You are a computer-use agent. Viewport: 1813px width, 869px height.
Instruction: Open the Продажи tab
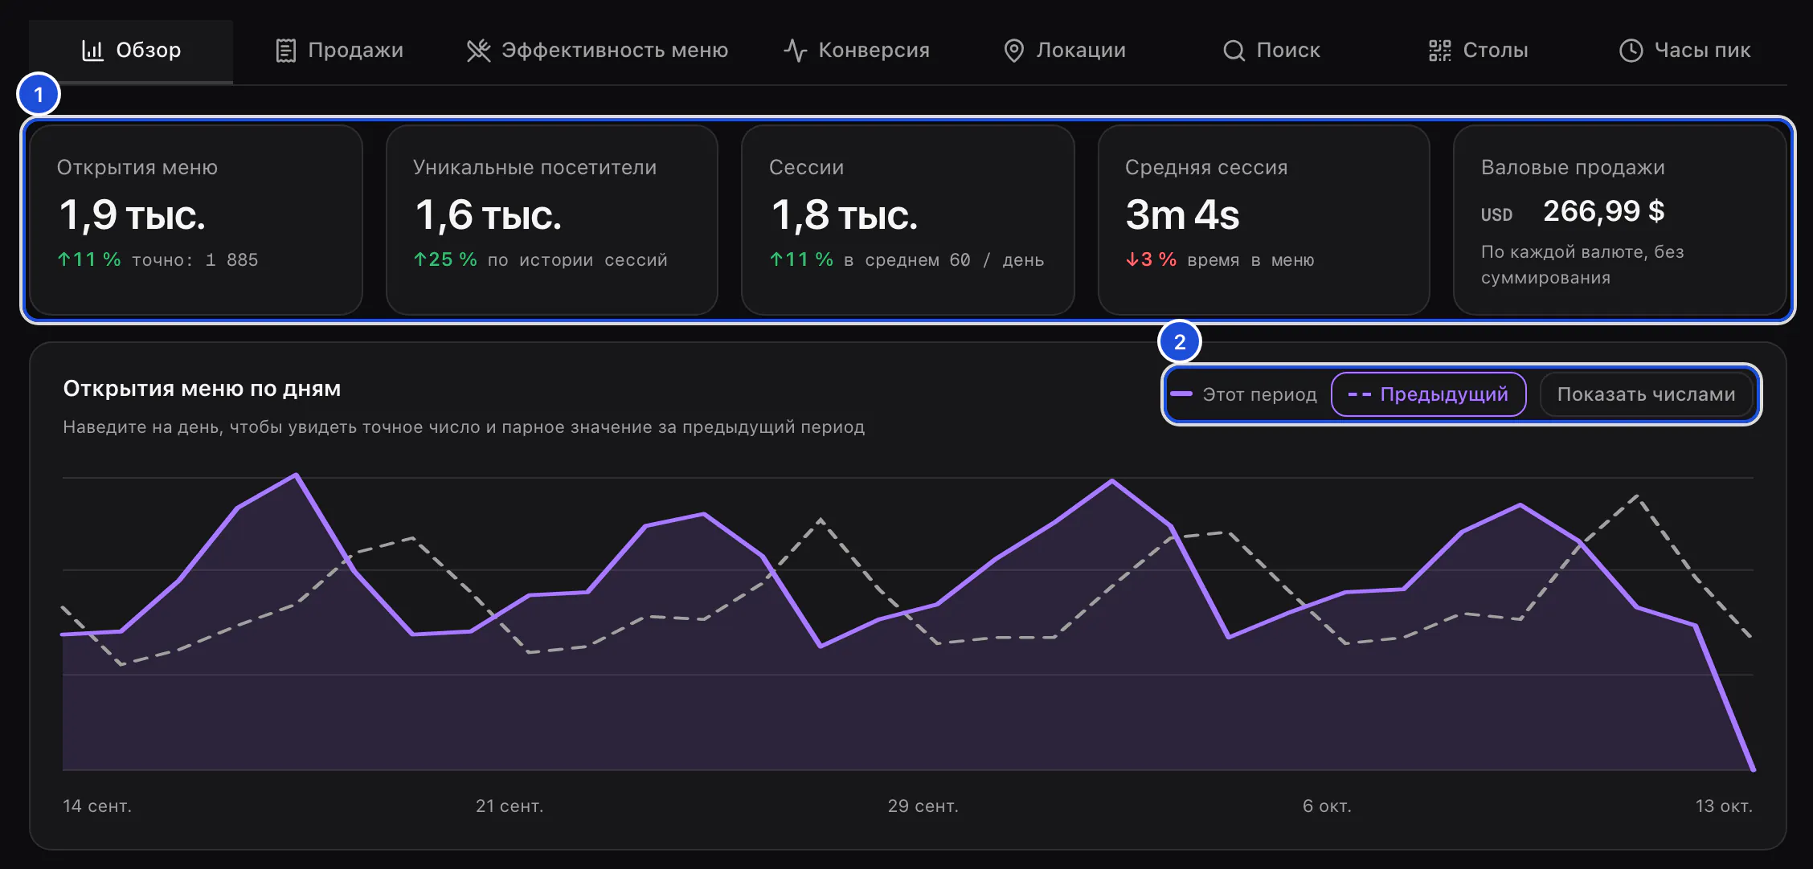point(339,51)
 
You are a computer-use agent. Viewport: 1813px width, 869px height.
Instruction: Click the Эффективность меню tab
point(597,51)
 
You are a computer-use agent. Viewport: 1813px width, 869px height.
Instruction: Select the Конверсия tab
point(857,51)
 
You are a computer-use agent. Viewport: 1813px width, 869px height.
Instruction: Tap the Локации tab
point(1065,51)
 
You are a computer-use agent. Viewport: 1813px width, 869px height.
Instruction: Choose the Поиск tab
point(1271,51)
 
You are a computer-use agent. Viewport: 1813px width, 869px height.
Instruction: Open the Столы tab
point(1479,51)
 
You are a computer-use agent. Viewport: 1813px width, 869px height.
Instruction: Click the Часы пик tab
point(1684,51)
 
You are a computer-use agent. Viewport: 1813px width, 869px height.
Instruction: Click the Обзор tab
point(131,51)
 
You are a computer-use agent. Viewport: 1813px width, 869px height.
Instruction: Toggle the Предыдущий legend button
point(1428,394)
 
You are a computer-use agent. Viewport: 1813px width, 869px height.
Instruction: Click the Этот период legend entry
point(1243,394)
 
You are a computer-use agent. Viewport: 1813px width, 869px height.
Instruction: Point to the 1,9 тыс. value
point(133,215)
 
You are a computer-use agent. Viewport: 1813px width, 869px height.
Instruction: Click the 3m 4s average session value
point(1182,215)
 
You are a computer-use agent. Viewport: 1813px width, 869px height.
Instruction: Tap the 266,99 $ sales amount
point(1603,211)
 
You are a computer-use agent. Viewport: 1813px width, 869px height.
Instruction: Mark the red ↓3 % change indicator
point(1151,259)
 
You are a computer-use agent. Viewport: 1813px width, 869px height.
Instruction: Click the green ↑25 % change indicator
point(445,259)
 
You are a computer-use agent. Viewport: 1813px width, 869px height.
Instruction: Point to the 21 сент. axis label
point(510,806)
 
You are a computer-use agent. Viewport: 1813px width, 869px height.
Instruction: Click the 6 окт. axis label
point(1327,806)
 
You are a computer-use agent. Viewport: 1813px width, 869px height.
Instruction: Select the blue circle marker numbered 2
point(1180,342)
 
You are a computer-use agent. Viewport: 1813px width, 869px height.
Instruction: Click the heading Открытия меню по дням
point(202,389)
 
